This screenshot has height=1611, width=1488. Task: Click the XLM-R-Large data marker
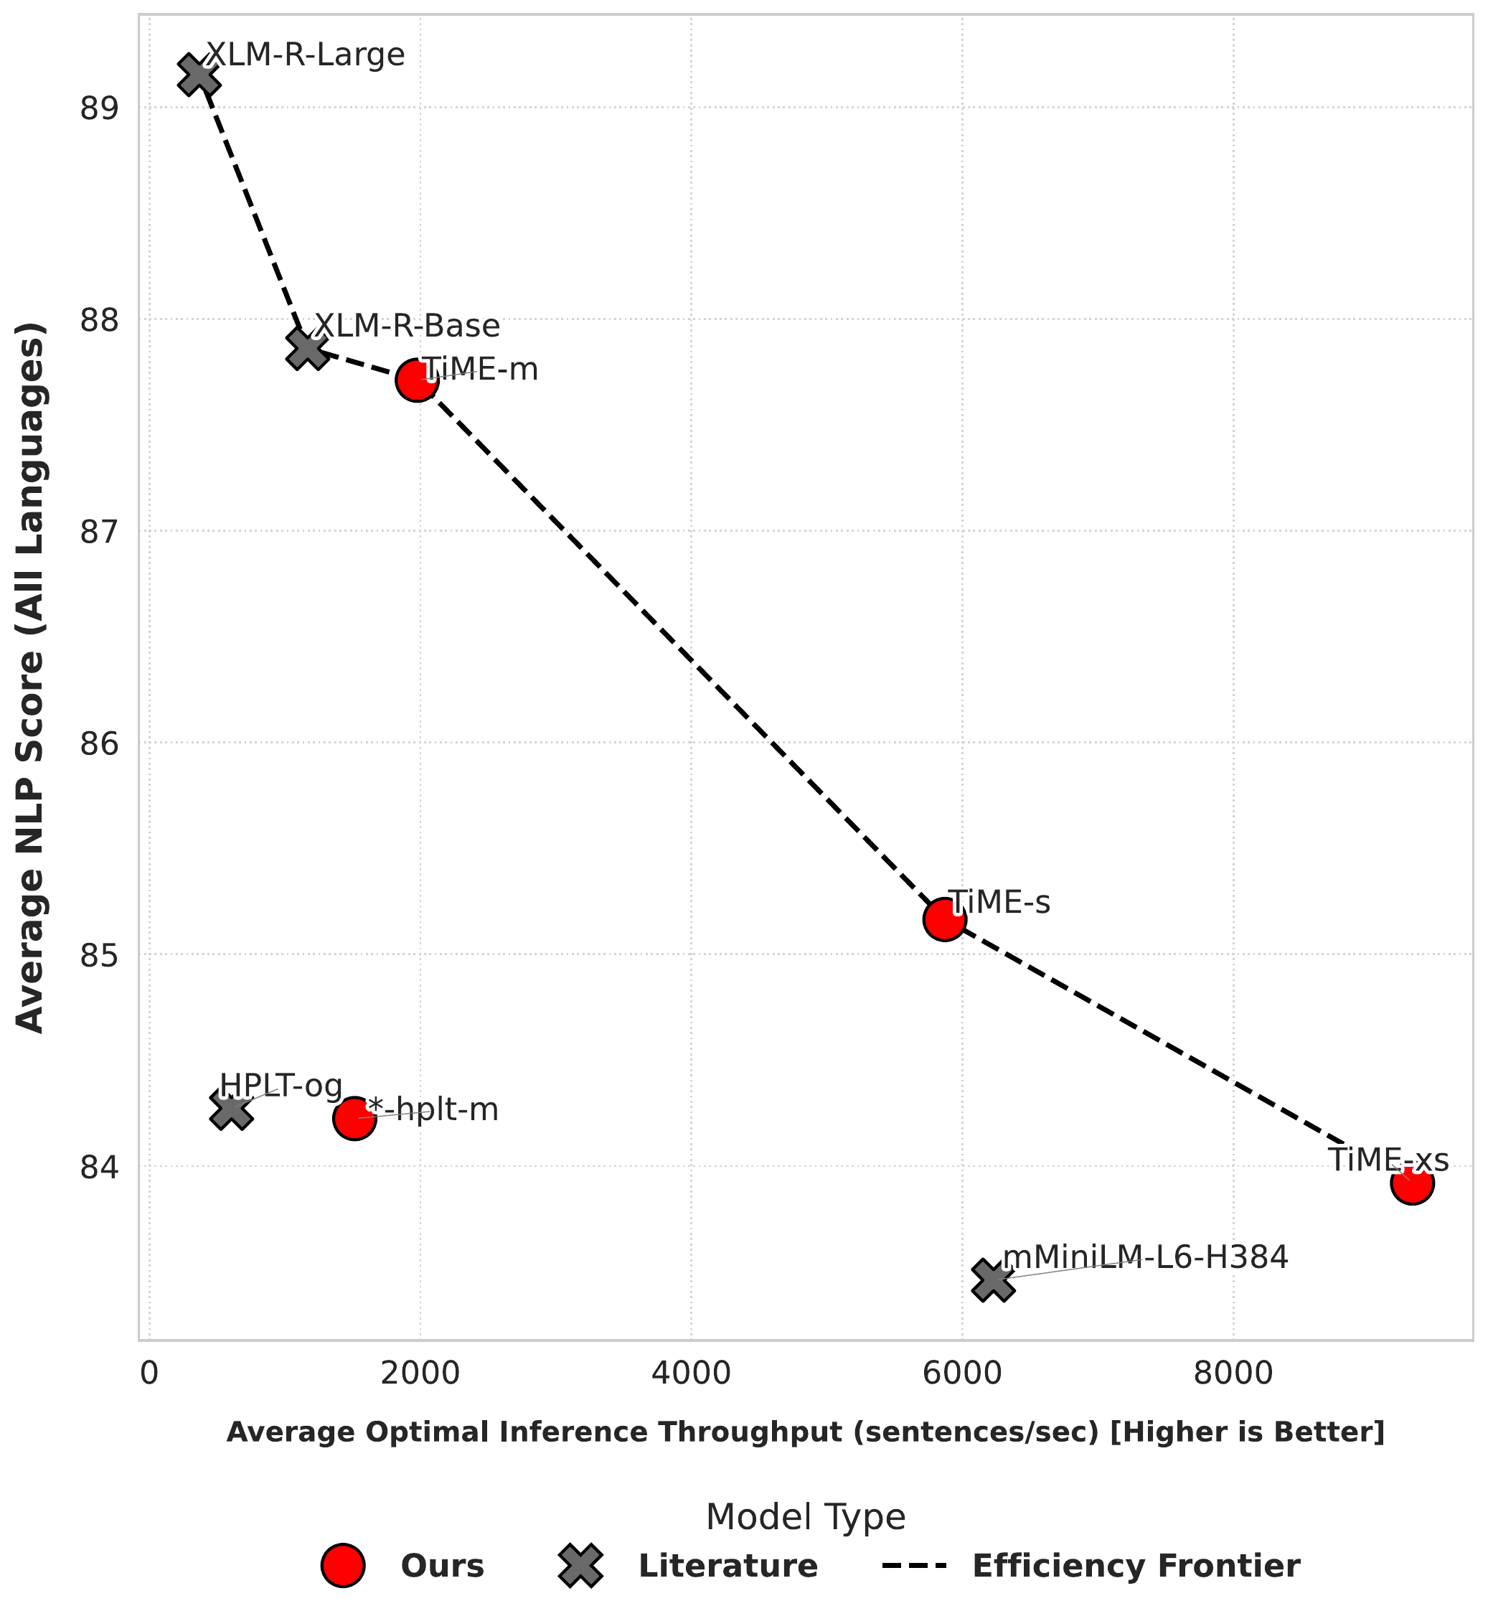click(198, 76)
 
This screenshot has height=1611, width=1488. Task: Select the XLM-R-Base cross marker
click(308, 349)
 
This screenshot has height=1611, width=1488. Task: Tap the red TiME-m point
click(417, 380)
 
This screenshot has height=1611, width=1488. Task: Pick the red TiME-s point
click(944, 919)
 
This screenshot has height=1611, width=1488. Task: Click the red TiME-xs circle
click(1411, 1183)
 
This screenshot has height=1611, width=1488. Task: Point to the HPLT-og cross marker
click(231, 1111)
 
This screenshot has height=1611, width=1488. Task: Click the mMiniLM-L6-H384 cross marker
click(993, 1281)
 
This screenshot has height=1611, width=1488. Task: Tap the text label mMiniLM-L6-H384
click(1145, 1257)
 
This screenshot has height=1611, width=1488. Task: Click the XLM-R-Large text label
click(306, 55)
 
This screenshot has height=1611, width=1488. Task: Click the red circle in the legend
click(344, 1566)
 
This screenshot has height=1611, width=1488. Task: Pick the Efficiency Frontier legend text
click(1136, 1566)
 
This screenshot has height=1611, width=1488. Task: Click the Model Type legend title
click(805, 1518)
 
